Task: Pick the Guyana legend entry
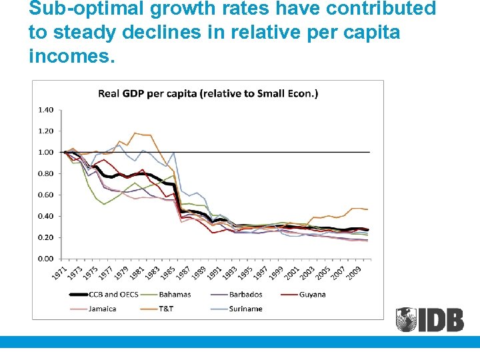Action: [311, 294]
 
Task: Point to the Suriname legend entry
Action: [245, 309]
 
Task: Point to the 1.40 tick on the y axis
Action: [45, 109]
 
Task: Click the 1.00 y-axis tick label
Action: [45, 152]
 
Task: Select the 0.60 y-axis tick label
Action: [45, 195]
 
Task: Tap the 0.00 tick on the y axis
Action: [45, 258]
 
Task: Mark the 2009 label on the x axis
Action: [355, 273]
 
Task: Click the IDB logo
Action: [429, 319]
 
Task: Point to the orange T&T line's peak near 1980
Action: [135, 133]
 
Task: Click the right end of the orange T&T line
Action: [367, 209]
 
